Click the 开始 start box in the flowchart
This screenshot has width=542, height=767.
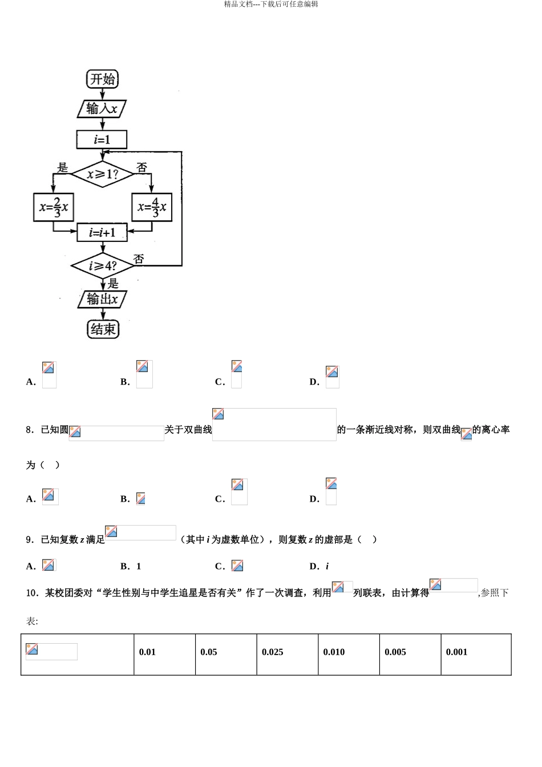103,79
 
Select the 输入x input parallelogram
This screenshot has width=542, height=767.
102,108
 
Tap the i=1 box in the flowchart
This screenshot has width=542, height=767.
102,139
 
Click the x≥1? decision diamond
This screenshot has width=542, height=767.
102,173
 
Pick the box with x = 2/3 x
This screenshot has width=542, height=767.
54,207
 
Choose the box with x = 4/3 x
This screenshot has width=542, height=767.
152,207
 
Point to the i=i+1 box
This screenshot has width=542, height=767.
102,232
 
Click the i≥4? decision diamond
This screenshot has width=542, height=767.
102,266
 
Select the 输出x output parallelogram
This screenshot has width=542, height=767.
102,299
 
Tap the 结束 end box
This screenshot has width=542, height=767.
103,329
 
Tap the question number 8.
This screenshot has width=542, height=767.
30,430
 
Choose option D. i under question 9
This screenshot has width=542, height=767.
319,566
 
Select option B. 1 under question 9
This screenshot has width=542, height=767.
131,566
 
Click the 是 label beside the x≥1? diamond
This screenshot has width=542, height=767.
63,167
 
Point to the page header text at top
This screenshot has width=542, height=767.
271,5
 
